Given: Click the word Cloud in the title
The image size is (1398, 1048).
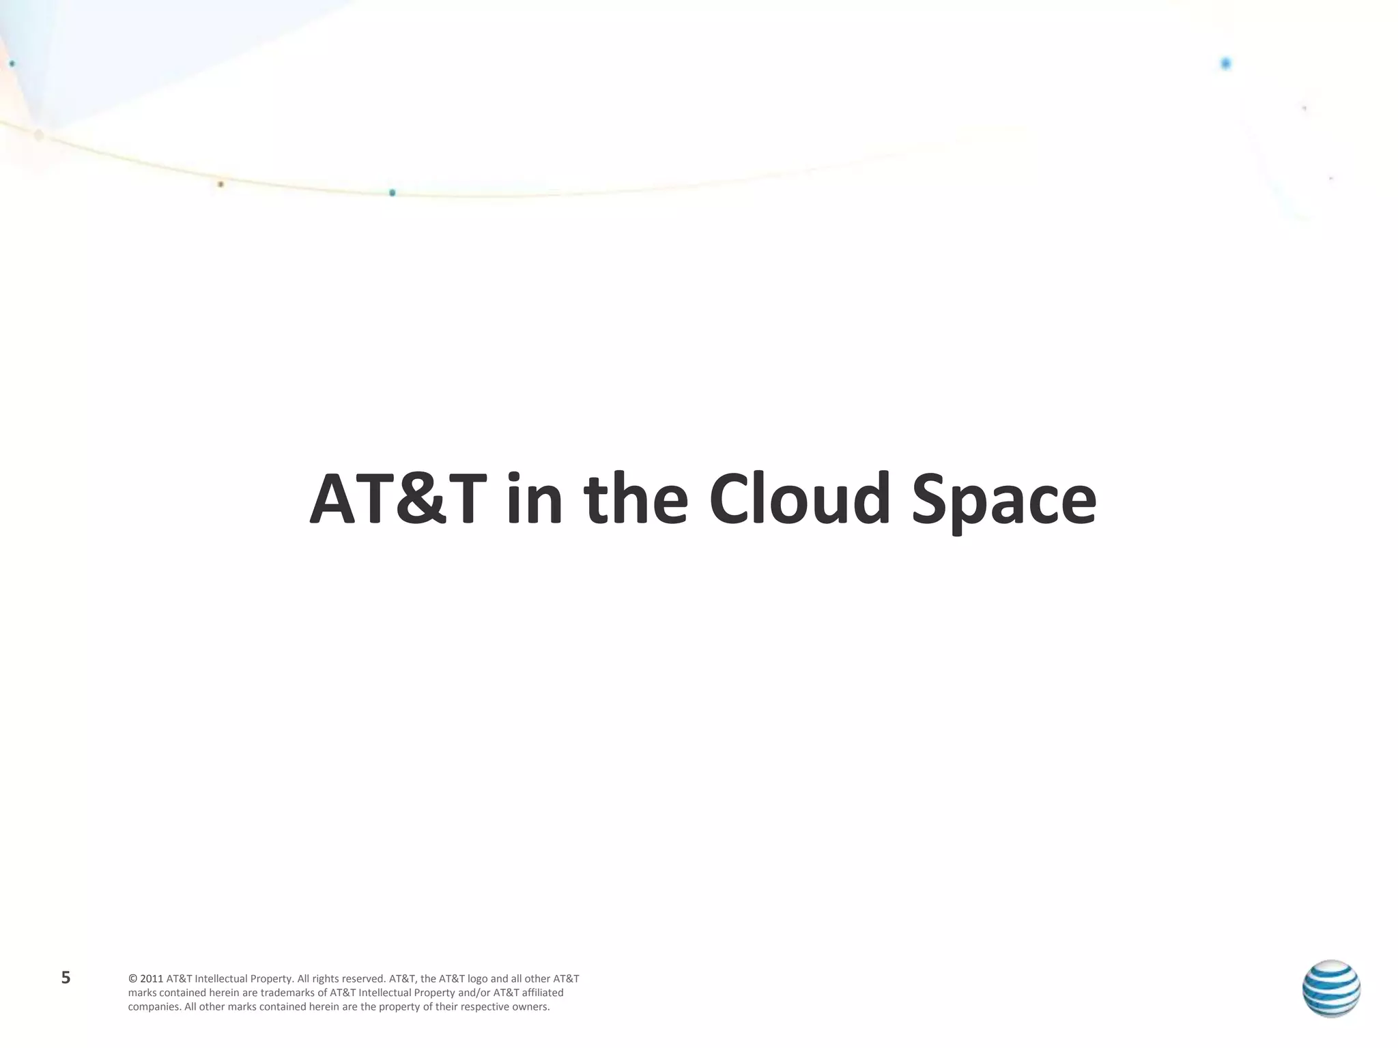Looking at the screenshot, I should point(799,499).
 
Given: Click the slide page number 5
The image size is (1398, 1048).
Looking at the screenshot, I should point(66,978).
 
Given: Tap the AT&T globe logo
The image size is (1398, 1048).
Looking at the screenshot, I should point(1331,989).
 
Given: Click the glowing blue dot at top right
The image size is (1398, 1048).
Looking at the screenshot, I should point(1225,63).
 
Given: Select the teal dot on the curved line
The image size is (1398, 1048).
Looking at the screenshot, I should point(392,193).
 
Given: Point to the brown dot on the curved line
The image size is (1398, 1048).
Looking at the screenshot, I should point(220,184).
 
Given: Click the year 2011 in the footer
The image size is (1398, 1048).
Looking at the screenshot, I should point(152,979).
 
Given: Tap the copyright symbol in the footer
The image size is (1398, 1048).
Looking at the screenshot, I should point(132,979).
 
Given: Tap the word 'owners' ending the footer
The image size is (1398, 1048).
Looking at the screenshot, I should point(531,1007).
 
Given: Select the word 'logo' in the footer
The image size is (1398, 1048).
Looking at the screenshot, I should point(477,979).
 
